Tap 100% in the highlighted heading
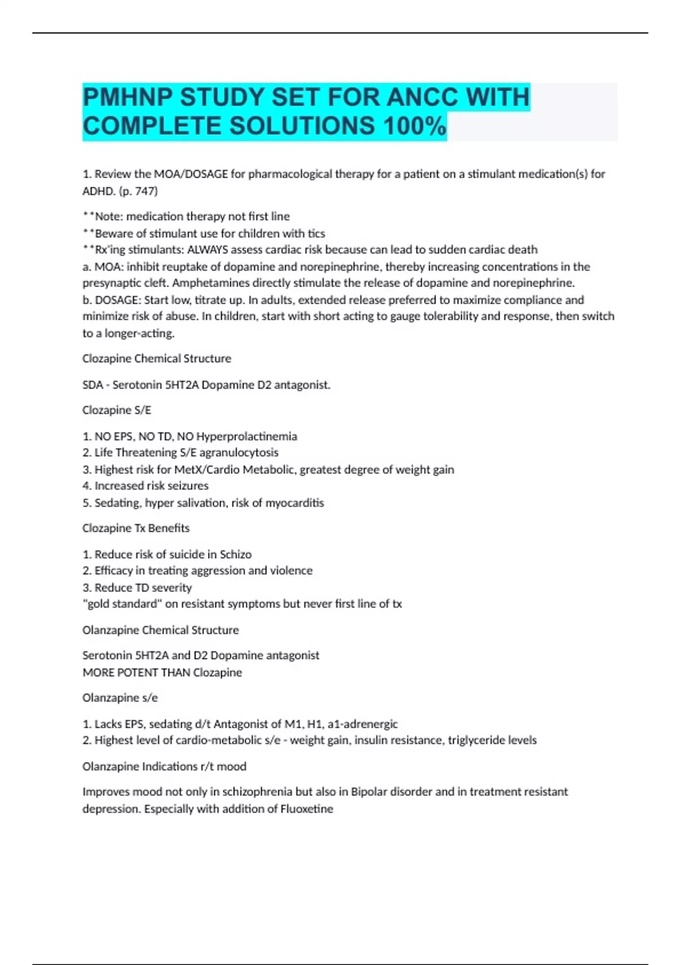(415, 126)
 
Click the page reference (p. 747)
(138, 191)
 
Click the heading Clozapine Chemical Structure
(157, 359)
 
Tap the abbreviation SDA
(93, 385)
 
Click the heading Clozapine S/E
(117, 410)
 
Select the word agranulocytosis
(239, 452)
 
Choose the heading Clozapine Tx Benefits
(136, 528)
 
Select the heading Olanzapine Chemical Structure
(161, 630)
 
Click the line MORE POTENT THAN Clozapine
(162, 673)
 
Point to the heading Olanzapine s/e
(120, 698)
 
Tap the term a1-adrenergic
(363, 724)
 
